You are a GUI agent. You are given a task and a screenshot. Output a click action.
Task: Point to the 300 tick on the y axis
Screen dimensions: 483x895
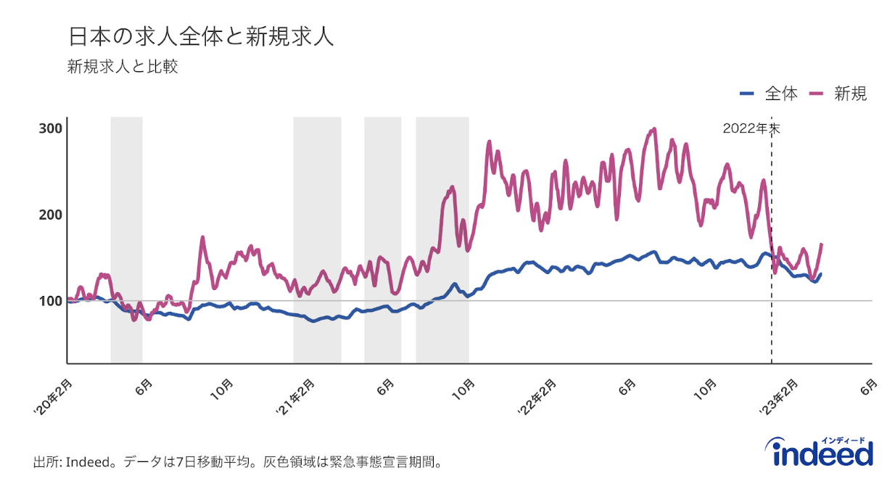[50, 129]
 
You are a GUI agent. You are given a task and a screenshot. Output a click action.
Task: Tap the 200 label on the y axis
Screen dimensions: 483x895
[50, 215]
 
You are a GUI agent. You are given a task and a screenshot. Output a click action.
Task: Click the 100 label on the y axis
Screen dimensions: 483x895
[50, 300]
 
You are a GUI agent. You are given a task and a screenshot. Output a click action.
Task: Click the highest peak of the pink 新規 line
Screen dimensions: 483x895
[654, 129]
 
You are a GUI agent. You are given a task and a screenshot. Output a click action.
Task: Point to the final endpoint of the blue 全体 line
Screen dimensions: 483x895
[821, 274]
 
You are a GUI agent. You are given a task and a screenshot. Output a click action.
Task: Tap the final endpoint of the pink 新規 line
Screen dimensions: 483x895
[822, 244]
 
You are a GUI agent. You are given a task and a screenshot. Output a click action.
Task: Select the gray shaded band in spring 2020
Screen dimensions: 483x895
[126, 239]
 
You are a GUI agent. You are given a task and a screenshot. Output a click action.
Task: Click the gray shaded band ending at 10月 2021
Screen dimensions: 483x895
[442, 239]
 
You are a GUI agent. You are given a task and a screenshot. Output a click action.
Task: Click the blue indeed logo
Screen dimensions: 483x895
[822, 453]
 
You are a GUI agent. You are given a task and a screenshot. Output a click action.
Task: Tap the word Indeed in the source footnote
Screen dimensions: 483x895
[90, 462]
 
